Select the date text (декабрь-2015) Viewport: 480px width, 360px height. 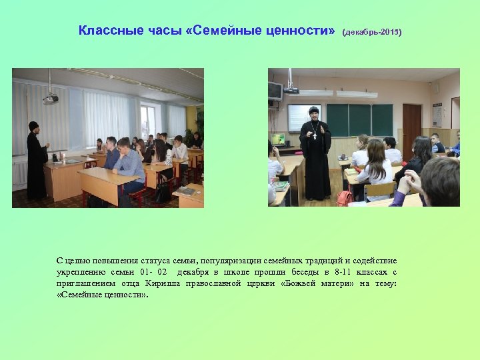(x=372, y=31)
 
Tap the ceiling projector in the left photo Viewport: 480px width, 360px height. (x=50, y=99)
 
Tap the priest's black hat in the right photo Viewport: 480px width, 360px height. (x=313, y=110)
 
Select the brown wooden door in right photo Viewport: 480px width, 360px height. (x=412, y=130)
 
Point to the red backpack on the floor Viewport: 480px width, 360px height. (x=345, y=197)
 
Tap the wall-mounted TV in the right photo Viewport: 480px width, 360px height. (x=275, y=91)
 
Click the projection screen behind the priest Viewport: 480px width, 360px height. (x=303, y=117)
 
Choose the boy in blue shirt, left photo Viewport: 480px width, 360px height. (x=128, y=165)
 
